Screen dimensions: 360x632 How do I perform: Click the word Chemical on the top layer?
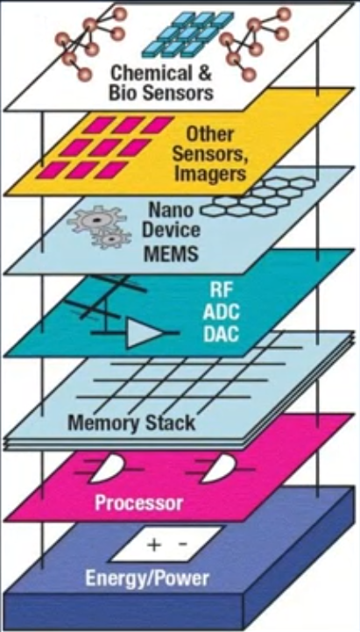tap(151, 74)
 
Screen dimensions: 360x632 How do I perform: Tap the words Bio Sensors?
tap(161, 93)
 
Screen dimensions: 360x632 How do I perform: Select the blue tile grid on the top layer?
tap(187, 34)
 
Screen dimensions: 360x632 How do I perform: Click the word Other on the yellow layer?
tap(210, 135)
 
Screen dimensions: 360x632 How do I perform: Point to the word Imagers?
tap(210, 174)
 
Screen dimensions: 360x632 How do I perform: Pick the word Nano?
tap(170, 210)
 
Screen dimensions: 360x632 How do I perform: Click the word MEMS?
tap(171, 253)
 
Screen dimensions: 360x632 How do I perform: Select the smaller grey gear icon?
tap(111, 238)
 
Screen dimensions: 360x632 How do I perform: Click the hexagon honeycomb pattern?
tap(258, 196)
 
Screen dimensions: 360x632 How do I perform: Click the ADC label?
tap(221, 312)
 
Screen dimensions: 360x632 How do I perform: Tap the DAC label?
tap(221, 334)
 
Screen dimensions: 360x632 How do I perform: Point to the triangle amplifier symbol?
tap(143, 332)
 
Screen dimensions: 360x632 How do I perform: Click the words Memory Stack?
tap(131, 423)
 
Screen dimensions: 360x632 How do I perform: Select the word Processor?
tap(139, 502)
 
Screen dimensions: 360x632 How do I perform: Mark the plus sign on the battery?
tap(153, 545)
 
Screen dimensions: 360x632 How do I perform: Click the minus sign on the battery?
tap(182, 544)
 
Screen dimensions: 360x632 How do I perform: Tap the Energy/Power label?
tap(147, 579)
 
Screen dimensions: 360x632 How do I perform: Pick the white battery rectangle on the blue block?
tap(166, 543)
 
